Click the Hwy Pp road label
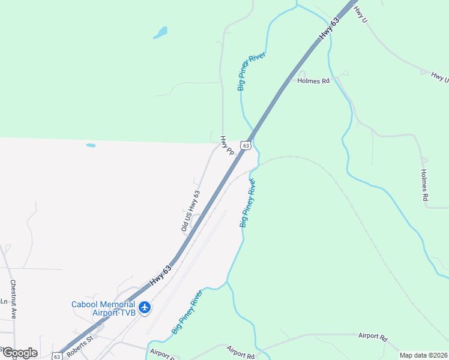pos(226,146)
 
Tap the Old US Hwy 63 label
pos(190,211)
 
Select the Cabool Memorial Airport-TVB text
pos(103,308)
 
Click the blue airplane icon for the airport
pos(144,308)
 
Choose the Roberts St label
pos(80,346)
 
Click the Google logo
pos(20,353)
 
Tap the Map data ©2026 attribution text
pos(423,355)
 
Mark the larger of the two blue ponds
pos(160,32)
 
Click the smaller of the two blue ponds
pos(91,145)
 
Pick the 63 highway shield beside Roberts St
pos(56,356)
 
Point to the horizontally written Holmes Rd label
pos(317,80)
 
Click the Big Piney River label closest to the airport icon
pos(187,311)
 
